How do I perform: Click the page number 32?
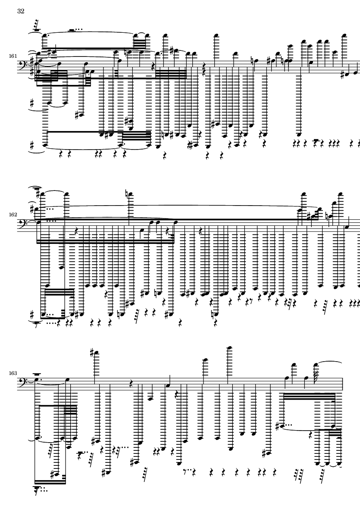[21, 11]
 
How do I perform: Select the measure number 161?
[13, 56]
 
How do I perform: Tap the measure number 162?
[13, 215]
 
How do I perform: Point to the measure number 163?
[13, 373]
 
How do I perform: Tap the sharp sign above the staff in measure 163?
[92, 352]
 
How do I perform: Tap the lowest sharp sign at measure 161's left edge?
[31, 144]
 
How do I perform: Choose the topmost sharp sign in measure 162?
[39, 194]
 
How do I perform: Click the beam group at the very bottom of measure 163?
[50, 481]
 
